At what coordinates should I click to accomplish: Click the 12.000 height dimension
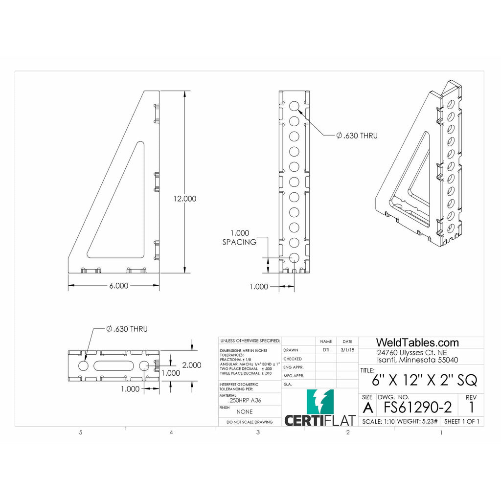[x=184, y=199]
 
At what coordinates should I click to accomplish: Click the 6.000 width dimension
[x=115, y=286]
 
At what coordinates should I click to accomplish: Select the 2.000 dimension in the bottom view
[x=191, y=365]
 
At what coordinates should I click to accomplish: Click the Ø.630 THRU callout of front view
[x=357, y=136]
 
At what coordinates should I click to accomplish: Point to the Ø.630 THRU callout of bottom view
[x=126, y=329]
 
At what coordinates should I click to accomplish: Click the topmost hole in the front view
[x=294, y=106]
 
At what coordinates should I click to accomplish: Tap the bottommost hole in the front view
[x=294, y=257]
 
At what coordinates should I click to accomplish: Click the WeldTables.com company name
[x=417, y=342]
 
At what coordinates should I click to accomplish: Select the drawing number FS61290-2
[x=417, y=407]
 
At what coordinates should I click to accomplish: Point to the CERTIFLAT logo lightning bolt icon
[x=320, y=402]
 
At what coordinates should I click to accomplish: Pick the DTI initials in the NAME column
[x=326, y=350]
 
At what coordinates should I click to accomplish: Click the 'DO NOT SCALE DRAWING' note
[x=250, y=422]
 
